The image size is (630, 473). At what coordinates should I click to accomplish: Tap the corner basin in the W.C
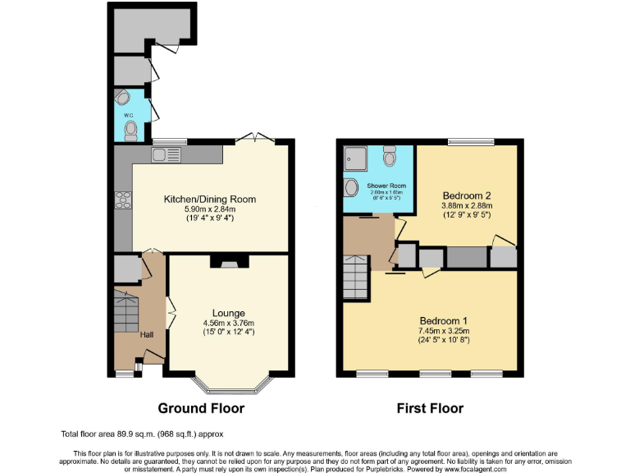tap(123, 99)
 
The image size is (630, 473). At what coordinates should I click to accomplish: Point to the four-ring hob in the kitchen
tap(123, 200)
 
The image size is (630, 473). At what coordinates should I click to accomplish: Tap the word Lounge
tap(229, 313)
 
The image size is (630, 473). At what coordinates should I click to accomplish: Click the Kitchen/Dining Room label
tap(210, 199)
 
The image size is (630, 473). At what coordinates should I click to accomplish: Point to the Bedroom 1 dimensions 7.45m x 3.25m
tap(444, 332)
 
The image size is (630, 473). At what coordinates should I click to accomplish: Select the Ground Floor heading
tap(201, 408)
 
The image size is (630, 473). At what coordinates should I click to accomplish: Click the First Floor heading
tap(430, 408)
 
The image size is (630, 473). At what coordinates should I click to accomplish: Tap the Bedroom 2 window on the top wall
tap(471, 142)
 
